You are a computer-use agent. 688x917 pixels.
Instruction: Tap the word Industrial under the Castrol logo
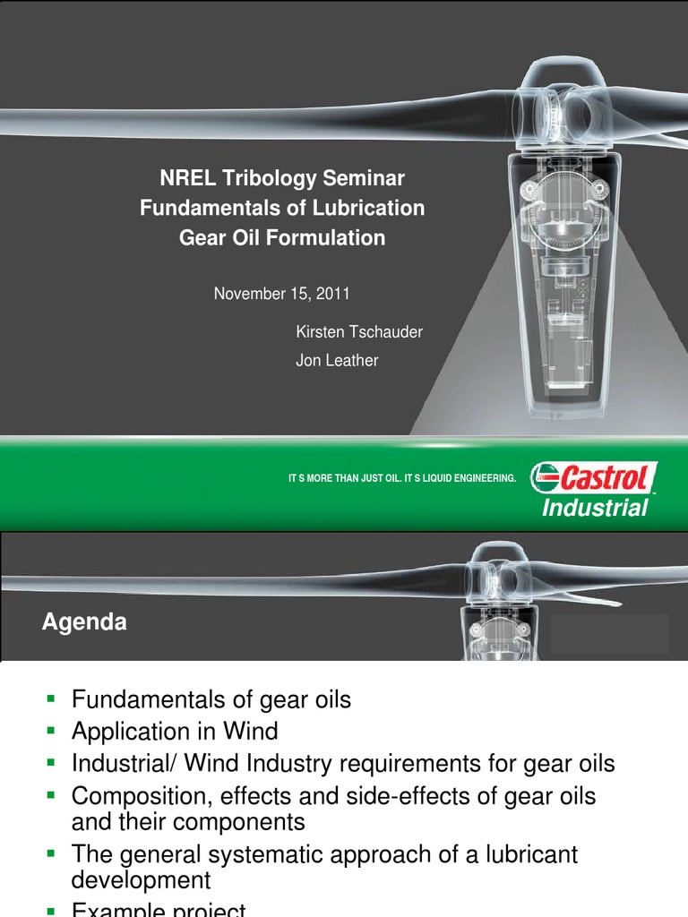(x=594, y=509)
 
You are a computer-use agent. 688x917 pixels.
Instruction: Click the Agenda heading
(x=84, y=622)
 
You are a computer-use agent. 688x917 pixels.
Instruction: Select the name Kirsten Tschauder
(x=359, y=332)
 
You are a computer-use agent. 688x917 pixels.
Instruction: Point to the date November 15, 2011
(x=282, y=293)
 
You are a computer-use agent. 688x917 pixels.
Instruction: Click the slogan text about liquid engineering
(x=401, y=479)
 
